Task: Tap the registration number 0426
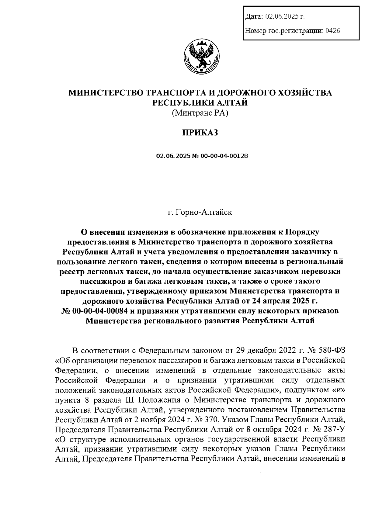point(332,31)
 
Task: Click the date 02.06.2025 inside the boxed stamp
point(282,17)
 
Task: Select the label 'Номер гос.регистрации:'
point(284,31)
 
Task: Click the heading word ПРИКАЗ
point(200,133)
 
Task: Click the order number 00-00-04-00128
point(224,156)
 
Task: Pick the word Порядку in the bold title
point(302,233)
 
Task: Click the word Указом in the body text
point(235,419)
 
